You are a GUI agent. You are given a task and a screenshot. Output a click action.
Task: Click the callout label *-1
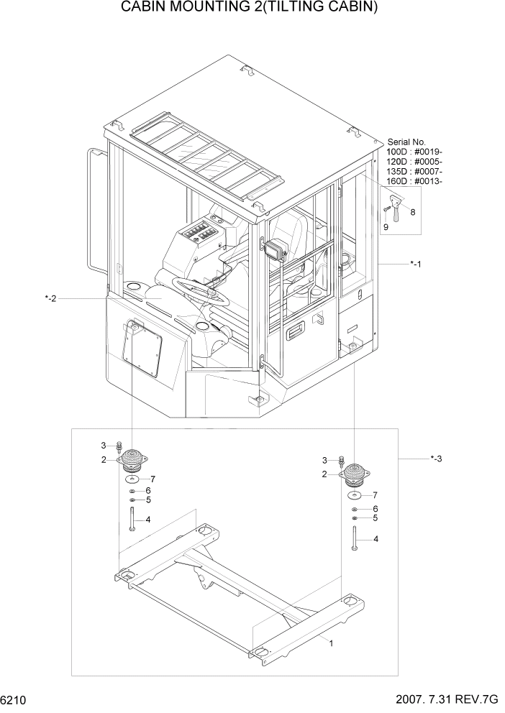tap(415, 264)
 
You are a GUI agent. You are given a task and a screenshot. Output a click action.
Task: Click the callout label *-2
tap(50, 298)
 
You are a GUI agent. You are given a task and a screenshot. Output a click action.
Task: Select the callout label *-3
tap(435, 459)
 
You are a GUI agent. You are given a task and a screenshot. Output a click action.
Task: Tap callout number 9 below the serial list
tap(386, 227)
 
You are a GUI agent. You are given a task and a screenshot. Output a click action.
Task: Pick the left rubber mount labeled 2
tap(132, 459)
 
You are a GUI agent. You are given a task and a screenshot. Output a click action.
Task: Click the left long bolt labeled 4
tap(132, 519)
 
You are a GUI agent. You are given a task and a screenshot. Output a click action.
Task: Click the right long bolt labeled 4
tap(355, 538)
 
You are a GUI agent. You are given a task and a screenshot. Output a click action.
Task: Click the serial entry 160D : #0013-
tap(414, 181)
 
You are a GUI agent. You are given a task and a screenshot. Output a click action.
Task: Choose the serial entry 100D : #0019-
tap(414, 152)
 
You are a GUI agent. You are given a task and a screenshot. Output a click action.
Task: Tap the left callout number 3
tap(103, 445)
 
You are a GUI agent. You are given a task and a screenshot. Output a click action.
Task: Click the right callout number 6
tap(375, 508)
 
